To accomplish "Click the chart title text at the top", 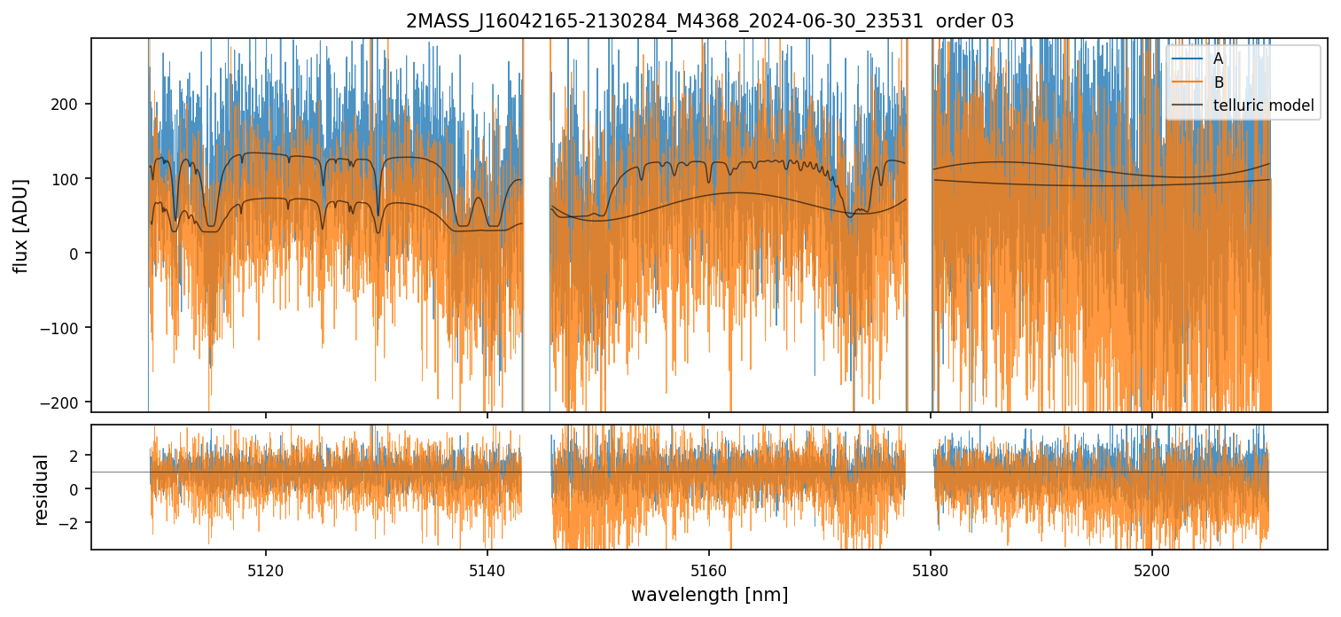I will pyautogui.click(x=709, y=21).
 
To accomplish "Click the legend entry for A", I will pyautogui.click(x=1218, y=59).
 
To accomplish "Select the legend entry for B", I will pyautogui.click(x=1218, y=82).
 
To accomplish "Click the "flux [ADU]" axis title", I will pyautogui.click(x=19, y=225).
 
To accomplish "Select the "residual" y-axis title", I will pyautogui.click(x=41, y=488).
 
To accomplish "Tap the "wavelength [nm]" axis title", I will pyautogui.click(x=709, y=594).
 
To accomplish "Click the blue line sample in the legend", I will pyautogui.click(x=1189, y=59).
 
